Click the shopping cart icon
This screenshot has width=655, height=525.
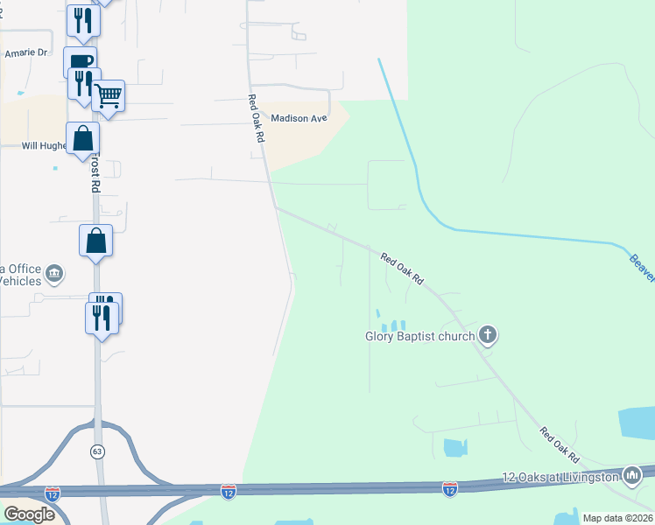[109, 95]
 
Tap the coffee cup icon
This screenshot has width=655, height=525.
[80, 62]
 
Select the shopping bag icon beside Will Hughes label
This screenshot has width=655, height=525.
[82, 138]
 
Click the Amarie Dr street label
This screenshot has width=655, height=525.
[25, 52]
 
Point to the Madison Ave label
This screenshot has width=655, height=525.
[299, 118]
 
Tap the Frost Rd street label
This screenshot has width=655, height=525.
[95, 174]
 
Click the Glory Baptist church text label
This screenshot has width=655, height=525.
[419, 335]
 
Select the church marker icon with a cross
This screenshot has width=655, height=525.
[489, 335]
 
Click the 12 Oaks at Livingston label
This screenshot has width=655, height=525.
[560, 476]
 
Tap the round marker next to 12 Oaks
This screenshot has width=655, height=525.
[631, 476]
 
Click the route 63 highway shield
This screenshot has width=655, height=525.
[96, 451]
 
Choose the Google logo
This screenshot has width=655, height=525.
[29, 514]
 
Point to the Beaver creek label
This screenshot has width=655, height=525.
[642, 267]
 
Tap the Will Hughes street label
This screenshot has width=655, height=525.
[44, 146]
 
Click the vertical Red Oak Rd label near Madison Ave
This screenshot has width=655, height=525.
[255, 118]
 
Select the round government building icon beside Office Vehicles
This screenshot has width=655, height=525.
[54, 275]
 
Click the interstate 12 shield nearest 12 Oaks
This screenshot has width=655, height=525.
[449, 487]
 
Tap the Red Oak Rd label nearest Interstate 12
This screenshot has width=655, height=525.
[560, 445]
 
